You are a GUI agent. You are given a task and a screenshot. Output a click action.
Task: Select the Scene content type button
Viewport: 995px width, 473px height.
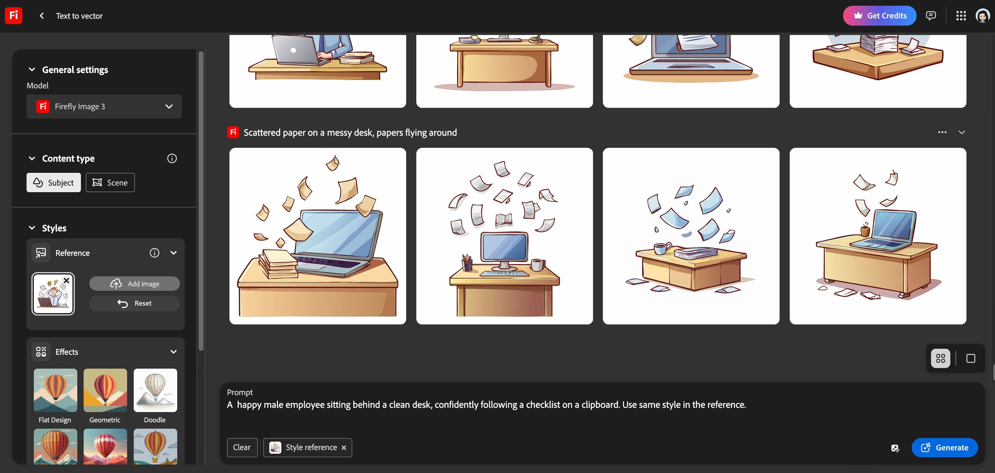tap(110, 183)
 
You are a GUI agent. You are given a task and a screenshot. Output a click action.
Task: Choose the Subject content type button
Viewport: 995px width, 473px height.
tap(54, 183)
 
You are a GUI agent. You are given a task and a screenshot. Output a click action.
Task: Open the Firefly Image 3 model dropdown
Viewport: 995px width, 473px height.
tap(104, 106)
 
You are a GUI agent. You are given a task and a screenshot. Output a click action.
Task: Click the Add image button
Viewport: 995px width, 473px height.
tap(134, 284)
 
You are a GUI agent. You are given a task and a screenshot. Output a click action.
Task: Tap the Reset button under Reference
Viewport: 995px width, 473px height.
tap(134, 303)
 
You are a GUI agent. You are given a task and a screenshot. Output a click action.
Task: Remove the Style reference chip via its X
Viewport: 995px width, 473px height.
tap(344, 448)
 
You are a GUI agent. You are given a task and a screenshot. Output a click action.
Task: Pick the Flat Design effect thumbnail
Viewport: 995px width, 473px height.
tap(55, 390)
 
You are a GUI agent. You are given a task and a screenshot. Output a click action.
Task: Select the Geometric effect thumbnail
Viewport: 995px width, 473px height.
tap(105, 390)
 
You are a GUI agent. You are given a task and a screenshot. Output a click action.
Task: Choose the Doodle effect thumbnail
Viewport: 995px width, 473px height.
tap(155, 390)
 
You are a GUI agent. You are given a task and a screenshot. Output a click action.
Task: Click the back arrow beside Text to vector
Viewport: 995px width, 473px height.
tap(42, 16)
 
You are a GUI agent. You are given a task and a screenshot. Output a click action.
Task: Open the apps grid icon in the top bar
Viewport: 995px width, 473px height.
tap(961, 16)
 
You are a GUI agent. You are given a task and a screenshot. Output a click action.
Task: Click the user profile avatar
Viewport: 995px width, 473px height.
tap(982, 16)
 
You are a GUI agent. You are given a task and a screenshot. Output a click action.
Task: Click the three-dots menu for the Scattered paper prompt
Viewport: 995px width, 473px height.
tap(942, 132)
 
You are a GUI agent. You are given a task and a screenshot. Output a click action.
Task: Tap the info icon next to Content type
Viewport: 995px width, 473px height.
tap(172, 158)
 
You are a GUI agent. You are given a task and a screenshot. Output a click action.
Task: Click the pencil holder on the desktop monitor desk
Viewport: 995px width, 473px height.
tap(467, 263)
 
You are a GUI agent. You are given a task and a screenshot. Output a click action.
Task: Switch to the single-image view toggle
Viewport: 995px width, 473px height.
tap(971, 358)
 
